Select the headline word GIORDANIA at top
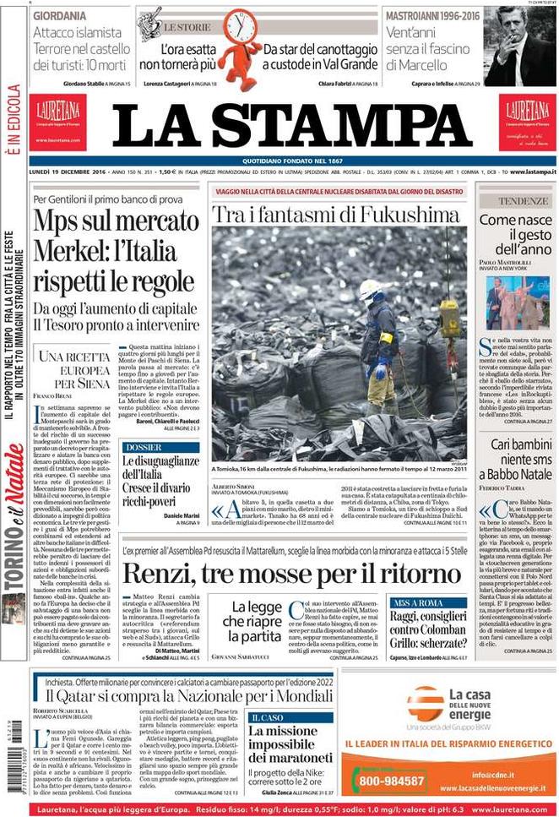click(x=62, y=16)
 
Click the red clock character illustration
click(x=242, y=46)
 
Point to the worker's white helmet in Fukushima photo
click(x=370, y=289)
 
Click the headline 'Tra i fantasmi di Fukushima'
click(x=335, y=214)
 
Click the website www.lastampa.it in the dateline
click(x=523, y=172)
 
